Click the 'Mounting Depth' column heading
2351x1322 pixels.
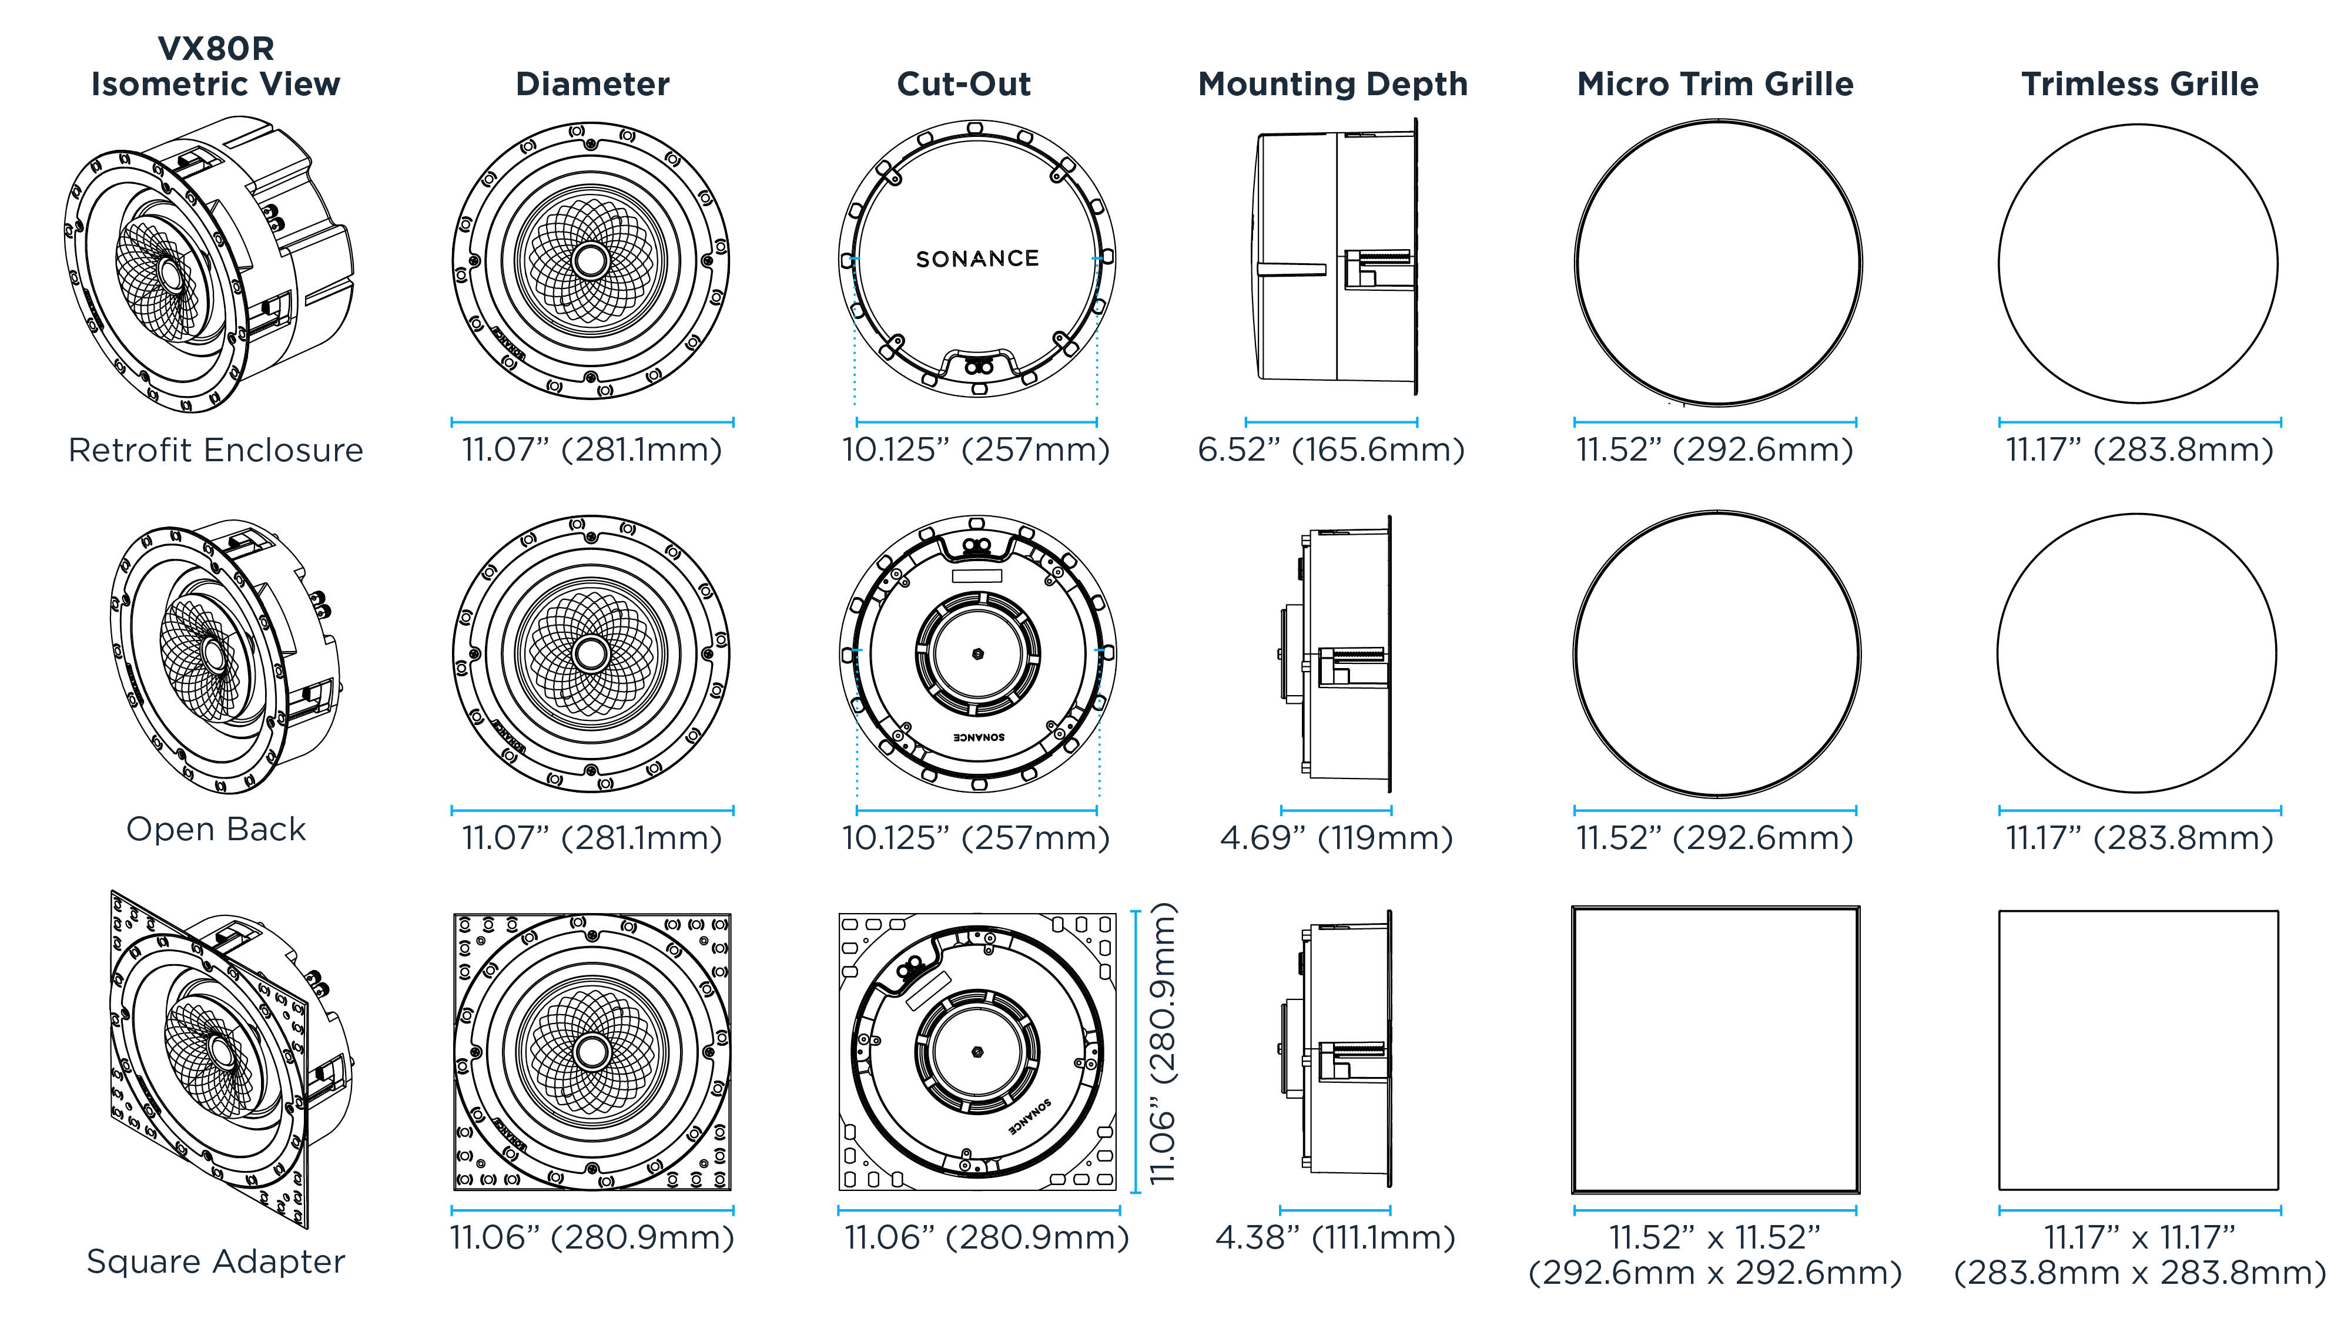tap(1332, 84)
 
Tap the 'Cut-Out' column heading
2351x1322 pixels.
tap(964, 84)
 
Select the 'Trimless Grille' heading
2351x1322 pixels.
tap(2139, 84)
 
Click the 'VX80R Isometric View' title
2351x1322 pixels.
tap(215, 66)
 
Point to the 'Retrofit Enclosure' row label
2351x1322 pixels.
tap(215, 450)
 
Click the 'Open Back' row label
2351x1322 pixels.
tap(215, 828)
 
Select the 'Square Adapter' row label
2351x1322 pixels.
tap(215, 1261)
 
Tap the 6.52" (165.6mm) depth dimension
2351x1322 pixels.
tap(1331, 450)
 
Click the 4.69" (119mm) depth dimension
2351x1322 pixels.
tap(1336, 837)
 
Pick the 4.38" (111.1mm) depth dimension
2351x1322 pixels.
tap(1334, 1238)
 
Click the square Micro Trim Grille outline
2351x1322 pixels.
tap(1715, 1049)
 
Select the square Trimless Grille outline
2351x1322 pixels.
tap(2138, 1049)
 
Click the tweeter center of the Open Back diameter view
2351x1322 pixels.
tap(591, 653)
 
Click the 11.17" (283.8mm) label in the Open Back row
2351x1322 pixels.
tap(2139, 837)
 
